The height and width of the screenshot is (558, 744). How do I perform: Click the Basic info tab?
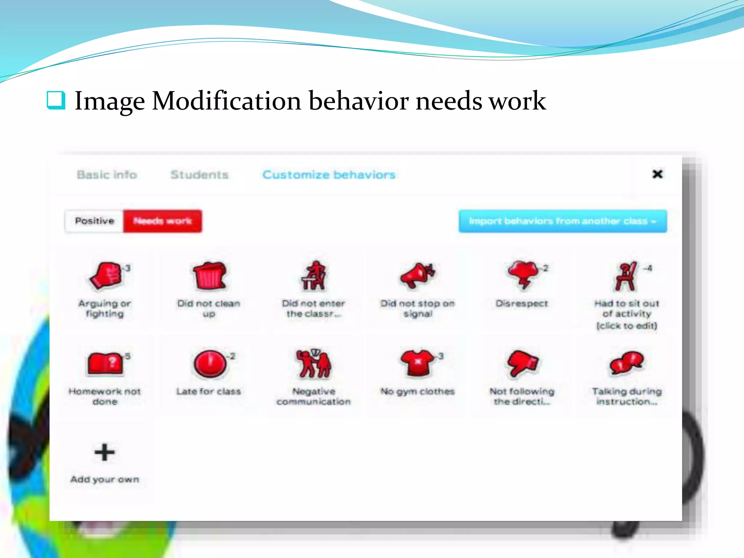click(x=107, y=175)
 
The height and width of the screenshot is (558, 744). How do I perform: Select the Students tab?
click(x=199, y=175)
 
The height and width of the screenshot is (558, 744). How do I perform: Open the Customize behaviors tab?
click(x=329, y=175)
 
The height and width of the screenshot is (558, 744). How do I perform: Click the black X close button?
click(x=657, y=174)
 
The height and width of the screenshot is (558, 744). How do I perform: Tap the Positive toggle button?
click(x=94, y=221)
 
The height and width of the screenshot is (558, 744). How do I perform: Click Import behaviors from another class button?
click(x=562, y=221)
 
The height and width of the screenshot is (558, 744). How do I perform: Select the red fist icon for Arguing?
click(x=106, y=276)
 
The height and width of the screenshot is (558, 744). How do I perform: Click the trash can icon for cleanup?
click(x=209, y=276)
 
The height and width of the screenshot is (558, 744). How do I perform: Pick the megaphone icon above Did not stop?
click(x=417, y=276)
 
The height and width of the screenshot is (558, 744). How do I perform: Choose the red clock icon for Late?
click(x=209, y=364)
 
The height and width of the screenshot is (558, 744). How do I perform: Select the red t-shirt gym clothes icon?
click(x=418, y=363)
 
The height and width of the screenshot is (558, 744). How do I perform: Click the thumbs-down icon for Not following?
click(x=522, y=363)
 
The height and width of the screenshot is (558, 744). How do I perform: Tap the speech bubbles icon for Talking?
click(x=626, y=363)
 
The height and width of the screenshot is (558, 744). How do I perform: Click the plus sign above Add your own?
click(x=105, y=452)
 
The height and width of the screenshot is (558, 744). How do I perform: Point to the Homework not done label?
click(x=105, y=396)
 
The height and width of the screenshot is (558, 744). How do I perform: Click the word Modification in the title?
click(x=226, y=101)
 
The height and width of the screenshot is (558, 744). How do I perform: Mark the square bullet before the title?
click(x=56, y=100)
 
